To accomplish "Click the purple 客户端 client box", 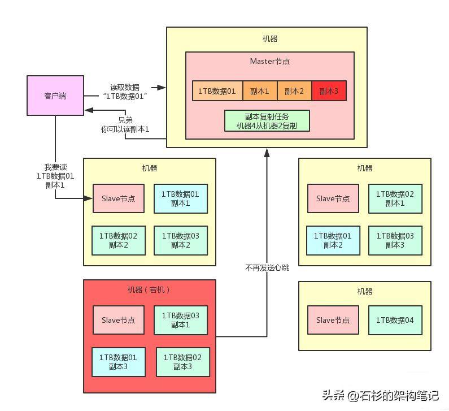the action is (x=55, y=96).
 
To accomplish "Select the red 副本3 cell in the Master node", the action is (x=329, y=91).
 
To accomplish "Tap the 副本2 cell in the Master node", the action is (x=294, y=91).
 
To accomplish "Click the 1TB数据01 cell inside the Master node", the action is (x=217, y=91).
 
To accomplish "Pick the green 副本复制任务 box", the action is (x=267, y=120).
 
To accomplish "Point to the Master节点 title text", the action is (x=270, y=61).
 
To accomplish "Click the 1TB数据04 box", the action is (x=395, y=320).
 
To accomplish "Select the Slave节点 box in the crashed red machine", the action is (x=118, y=320).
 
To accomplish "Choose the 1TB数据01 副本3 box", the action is (x=118, y=362).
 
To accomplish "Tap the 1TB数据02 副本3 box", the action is (x=182, y=362).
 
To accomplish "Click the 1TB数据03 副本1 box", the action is (x=180, y=320).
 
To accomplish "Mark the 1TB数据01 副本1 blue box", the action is (x=180, y=198).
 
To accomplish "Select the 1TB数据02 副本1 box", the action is (x=395, y=198).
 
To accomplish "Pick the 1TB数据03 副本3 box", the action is (x=395, y=240).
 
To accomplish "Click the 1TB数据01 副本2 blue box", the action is (x=333, y=240).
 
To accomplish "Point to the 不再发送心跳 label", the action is (x=267, y=268).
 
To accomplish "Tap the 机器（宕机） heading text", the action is (x=149, y=290).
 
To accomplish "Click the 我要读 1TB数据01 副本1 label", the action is (x=55, y=176).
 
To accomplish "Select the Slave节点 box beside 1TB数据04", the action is (x=333, y=320).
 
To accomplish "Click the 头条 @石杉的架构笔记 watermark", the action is (x=380, y=396).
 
